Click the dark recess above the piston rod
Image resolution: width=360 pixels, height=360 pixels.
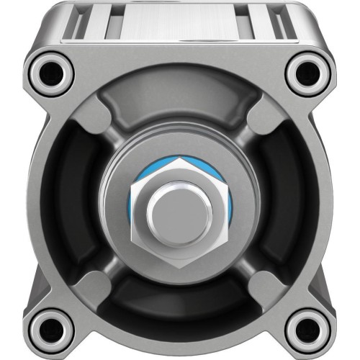(179, 101)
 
